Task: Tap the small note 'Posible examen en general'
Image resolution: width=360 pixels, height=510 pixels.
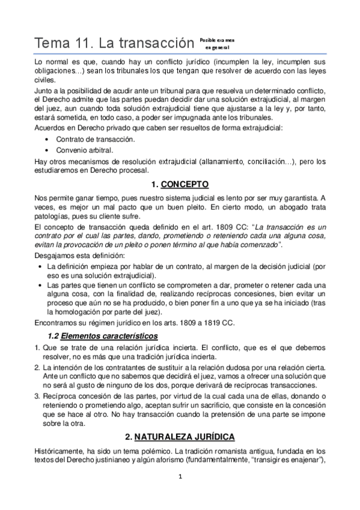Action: pos(215,43)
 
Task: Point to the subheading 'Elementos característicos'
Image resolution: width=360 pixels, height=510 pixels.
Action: pos(103,335)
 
